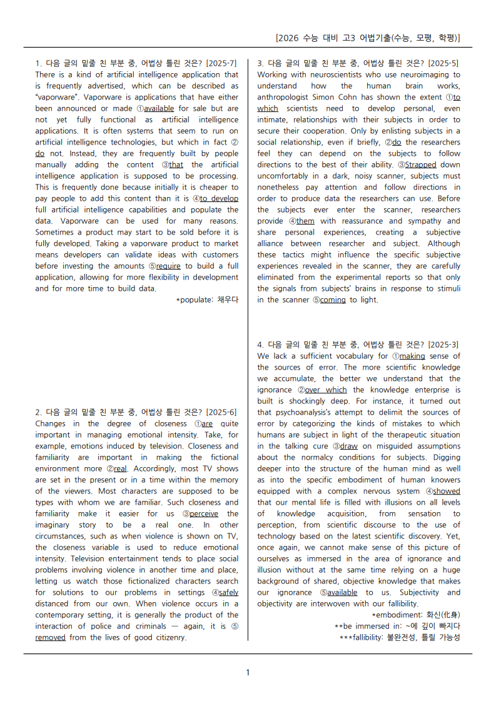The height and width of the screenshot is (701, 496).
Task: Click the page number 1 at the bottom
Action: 248,672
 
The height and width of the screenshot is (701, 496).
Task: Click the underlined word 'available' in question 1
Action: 159,108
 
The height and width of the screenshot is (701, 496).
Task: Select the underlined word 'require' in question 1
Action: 168,266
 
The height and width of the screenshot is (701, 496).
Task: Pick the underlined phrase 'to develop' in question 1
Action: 219,198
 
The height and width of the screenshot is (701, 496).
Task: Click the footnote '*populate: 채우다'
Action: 207,300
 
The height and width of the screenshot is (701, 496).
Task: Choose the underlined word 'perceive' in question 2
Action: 204,513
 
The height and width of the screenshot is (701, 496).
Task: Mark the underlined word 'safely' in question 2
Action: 228,592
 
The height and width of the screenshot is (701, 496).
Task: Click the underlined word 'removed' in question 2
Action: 51,637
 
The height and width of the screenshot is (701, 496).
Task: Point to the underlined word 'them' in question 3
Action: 305,221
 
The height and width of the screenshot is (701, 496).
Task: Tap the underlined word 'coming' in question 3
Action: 333,300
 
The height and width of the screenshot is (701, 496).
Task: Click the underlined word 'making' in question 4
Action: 412,356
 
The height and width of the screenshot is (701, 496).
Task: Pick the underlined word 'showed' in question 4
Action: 447,491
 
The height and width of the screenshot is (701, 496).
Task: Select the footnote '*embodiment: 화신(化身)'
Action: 416,615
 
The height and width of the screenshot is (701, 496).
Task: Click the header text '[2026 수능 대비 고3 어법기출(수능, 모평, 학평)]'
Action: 368,38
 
